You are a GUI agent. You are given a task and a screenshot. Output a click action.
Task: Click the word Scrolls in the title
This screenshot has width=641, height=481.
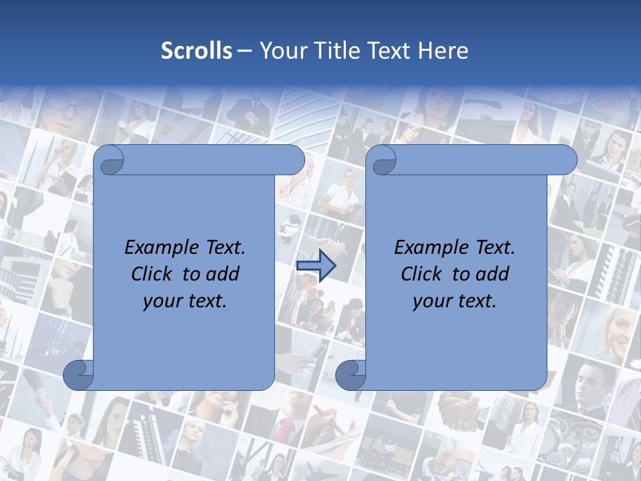coord(196,51)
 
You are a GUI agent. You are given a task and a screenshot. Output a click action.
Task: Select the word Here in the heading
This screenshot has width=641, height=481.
coord(443,51)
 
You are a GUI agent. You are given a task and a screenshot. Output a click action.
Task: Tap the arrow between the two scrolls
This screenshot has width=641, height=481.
coord(316,266)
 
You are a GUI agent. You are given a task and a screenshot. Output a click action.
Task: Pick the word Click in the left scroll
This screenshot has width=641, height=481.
coord(153,274)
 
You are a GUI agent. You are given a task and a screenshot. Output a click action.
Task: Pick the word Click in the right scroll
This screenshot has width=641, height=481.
coord(423,274)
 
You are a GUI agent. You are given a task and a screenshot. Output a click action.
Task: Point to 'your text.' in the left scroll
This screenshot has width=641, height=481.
coord(185,301)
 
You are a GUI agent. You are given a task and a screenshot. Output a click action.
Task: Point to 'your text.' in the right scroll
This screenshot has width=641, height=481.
coord(455,301)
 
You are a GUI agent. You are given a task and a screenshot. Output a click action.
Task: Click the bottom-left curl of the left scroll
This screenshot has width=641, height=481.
coord(78,375)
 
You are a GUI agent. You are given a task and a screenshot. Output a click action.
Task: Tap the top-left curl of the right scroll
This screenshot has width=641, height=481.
coord(382,160)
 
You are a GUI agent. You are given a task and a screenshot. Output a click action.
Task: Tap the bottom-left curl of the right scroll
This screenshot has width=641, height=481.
coord(350,375)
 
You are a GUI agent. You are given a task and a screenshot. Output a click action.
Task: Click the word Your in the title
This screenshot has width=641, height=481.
coord(280,51)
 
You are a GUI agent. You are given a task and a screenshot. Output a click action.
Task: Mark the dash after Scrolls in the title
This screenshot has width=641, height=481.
coord(244,51)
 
